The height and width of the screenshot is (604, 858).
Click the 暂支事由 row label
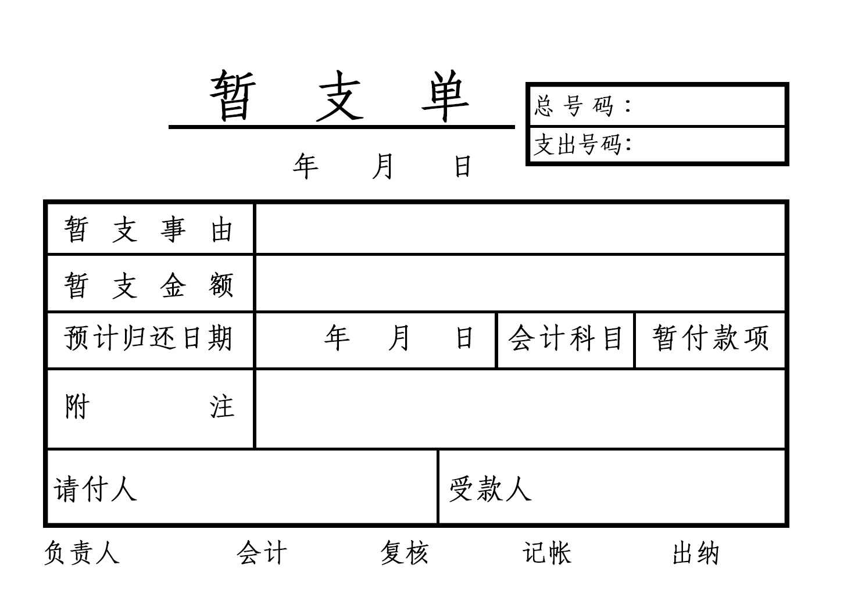(149, 229)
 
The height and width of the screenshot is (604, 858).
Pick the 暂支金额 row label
(149, 285)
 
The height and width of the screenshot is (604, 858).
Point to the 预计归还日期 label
(149, 338)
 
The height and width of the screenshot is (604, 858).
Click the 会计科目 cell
(566, 338)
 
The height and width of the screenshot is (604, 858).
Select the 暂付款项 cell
(710, 338)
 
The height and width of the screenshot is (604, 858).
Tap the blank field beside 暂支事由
(520, 229)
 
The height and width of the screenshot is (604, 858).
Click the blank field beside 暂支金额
(520, 284)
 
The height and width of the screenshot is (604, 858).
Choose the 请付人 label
(95, 489)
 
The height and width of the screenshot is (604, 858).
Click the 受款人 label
(490, 489)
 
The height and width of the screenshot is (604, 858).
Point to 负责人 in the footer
(82, 552)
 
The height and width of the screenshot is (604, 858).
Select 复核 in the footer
(405, 552)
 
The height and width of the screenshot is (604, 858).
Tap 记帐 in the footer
(547, 552)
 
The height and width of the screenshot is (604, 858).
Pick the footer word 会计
(262, 552)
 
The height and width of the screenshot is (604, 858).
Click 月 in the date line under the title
(383, 166)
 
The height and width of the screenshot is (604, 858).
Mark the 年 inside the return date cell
(337, 338)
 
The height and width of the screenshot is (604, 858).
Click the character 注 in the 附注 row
(222, 407)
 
